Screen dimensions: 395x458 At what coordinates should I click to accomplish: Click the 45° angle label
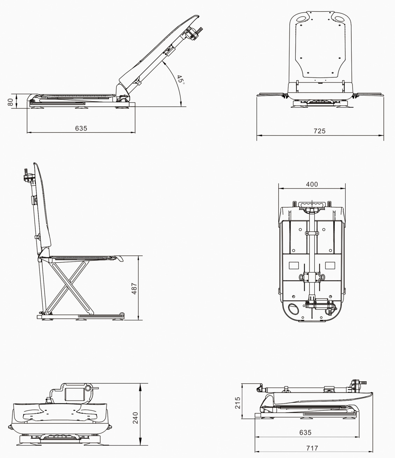click(x=180, y=80)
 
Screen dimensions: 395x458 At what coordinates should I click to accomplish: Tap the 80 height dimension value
click(x=10, y=102)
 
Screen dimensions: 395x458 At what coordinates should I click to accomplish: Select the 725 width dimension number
click(x=319, y=131)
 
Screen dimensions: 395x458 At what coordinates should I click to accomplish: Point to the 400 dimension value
click(x=312, y=184)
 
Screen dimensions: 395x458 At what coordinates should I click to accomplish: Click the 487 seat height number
click(x=134, y=288)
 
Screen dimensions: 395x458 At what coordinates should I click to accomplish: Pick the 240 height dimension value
click(x=135, y=418)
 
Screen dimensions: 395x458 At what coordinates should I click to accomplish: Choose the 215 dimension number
click(x=237, y=403)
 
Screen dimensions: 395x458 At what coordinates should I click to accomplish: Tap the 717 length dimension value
click(x=312, y=448)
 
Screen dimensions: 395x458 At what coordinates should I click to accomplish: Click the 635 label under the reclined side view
click(x=81, y=128)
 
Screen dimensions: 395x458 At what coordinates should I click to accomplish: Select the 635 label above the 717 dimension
click(x=305, y=432)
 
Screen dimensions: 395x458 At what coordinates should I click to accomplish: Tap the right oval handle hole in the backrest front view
click(x=339, y=19)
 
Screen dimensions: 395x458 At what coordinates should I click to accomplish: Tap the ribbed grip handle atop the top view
click(x=313, y=204)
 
